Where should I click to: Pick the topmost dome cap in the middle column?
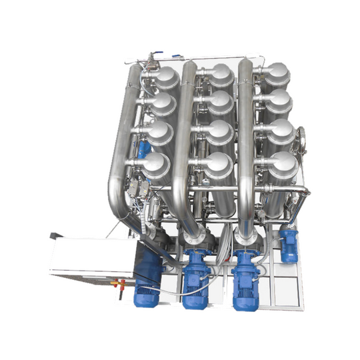click(x=221, y=77)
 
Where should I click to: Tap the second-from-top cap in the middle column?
click(x=220, y=103)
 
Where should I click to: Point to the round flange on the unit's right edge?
click(x=301, y=139)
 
